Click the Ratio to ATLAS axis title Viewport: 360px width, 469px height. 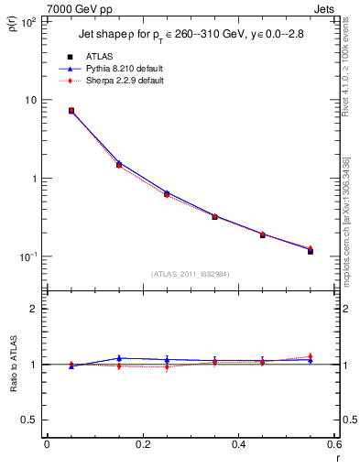13,363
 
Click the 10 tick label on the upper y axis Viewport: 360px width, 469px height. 30,100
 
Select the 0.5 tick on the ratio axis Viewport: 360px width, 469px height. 28,420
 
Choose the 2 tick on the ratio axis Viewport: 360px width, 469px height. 32,309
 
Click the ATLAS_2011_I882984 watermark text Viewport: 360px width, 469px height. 190,272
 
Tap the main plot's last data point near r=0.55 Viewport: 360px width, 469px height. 311,250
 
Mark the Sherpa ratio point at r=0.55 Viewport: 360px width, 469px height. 311,356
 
